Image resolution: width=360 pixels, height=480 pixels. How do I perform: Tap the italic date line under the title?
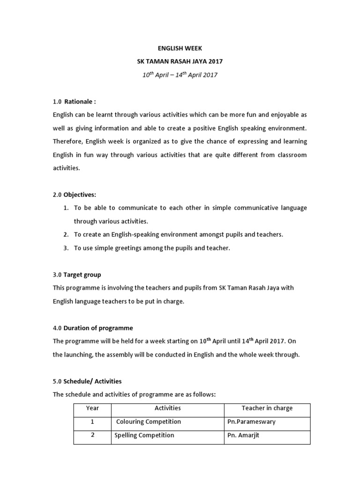(180, 75)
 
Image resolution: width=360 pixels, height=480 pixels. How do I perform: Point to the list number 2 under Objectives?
(66, 234)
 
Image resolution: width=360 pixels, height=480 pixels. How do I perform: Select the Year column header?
(92, 408)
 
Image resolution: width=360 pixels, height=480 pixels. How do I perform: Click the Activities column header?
(167, 408)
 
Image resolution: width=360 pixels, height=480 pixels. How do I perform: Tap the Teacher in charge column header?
(267, 408)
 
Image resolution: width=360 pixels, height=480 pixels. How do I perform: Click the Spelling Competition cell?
(144, 435)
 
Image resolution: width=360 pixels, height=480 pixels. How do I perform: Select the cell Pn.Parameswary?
(251, 422)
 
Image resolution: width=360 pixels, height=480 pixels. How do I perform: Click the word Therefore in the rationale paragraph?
(68, 141)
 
